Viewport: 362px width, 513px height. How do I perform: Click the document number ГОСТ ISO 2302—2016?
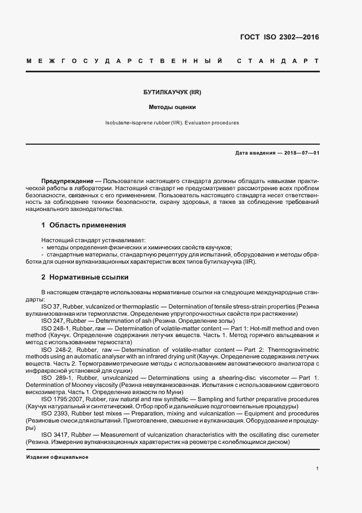tap(279, 38)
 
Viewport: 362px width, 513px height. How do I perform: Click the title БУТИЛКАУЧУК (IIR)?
tap(173, 93)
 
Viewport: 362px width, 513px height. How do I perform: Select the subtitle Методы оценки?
tap(173, 107)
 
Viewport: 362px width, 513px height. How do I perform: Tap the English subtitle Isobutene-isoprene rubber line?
tap(173, 123)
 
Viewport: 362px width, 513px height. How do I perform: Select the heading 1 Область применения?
tap(84, 225)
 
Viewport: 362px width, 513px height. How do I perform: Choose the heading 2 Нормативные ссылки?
tap(85, 277)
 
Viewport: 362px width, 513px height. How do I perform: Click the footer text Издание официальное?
tap(57, 457)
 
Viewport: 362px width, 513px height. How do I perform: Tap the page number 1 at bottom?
tap(317, 469)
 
